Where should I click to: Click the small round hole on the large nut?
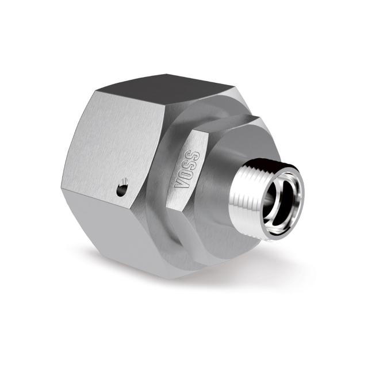pyautogui.click(x=122, y=190)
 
